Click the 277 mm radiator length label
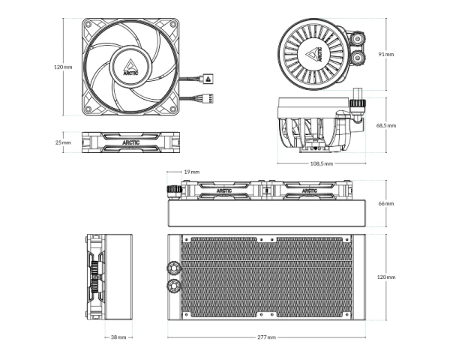pos(265,337)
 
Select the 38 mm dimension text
pos(118,337)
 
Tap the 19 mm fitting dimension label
pos(191,172)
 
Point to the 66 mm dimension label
pos(385,203)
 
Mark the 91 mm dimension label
pos(385,55)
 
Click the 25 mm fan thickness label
pos(63,142)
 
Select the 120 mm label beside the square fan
pos(63,67)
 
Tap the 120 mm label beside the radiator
pos(385,277)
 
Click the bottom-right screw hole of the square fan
pos(172,107)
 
